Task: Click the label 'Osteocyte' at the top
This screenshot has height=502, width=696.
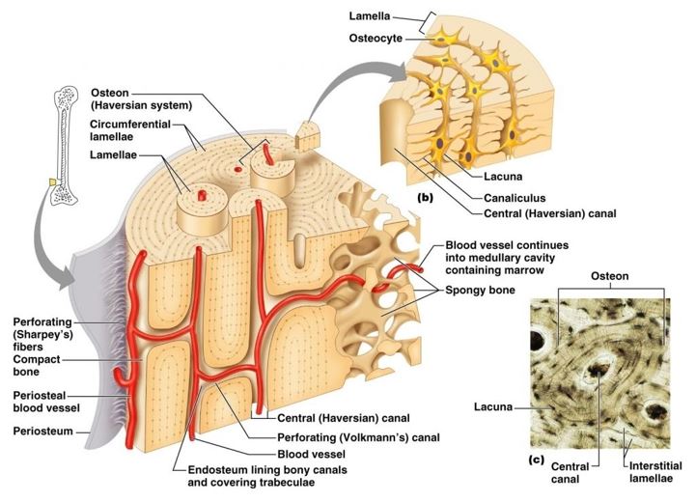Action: point(383,38)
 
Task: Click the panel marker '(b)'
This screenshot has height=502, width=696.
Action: point(426,197)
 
